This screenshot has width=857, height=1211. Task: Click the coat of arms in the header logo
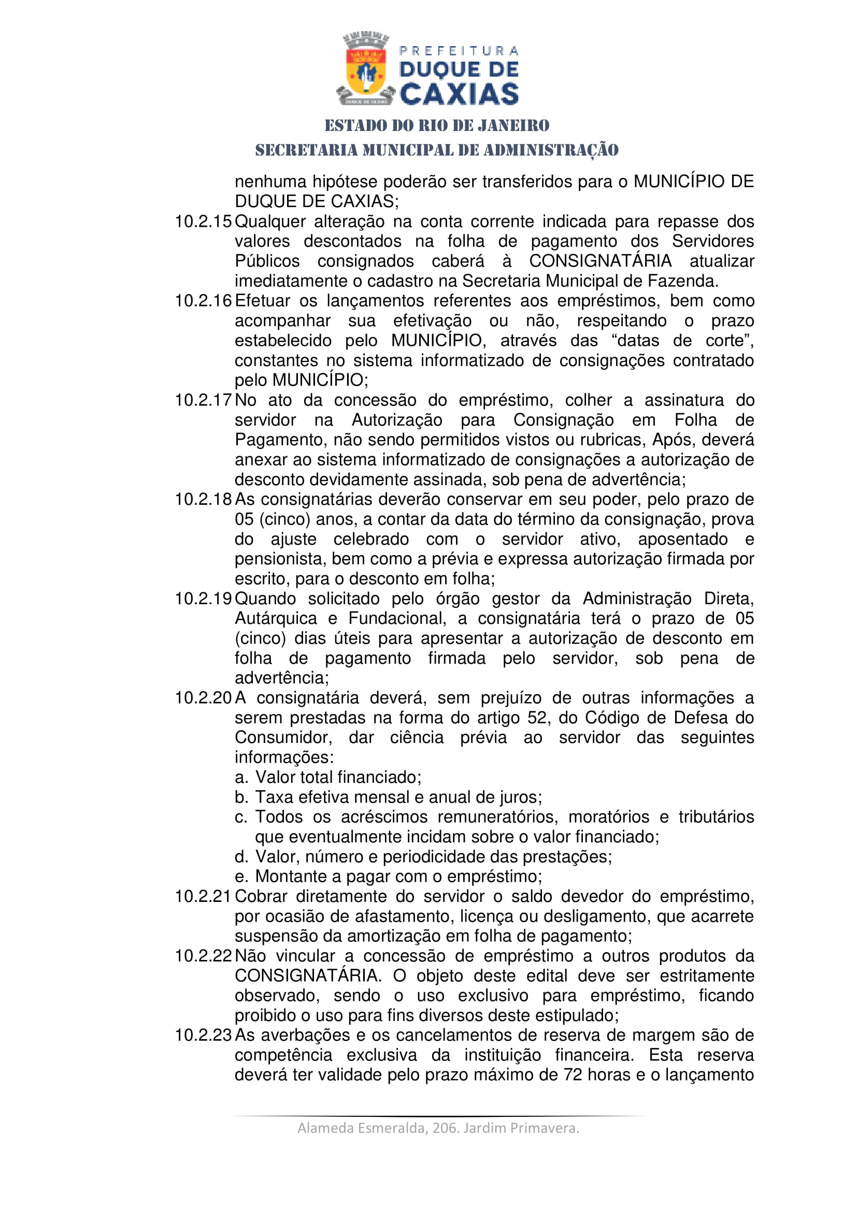point(365,68)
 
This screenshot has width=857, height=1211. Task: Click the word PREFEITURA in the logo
point(459,51)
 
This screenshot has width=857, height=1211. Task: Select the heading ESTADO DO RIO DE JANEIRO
point(437,125)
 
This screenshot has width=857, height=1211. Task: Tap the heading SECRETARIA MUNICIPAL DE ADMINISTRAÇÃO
point(437,150)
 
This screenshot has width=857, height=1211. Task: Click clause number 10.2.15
point(203,222)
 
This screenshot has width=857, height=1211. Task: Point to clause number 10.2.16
point(203,301)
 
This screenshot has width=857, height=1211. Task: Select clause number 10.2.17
point(203,400)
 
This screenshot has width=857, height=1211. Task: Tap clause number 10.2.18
point(203,499)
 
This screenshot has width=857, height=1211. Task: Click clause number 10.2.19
point(203,599)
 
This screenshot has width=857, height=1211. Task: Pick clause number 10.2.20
point(203,698)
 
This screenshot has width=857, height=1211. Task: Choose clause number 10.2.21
point(203,896)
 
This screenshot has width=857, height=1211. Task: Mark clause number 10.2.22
point(203,956)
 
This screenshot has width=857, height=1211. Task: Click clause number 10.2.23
point(203,1035)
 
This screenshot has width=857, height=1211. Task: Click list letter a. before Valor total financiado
point(241,778)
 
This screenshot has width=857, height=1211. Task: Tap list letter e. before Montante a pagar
point(241,877)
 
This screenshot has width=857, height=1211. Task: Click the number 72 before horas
point(573,1074)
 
